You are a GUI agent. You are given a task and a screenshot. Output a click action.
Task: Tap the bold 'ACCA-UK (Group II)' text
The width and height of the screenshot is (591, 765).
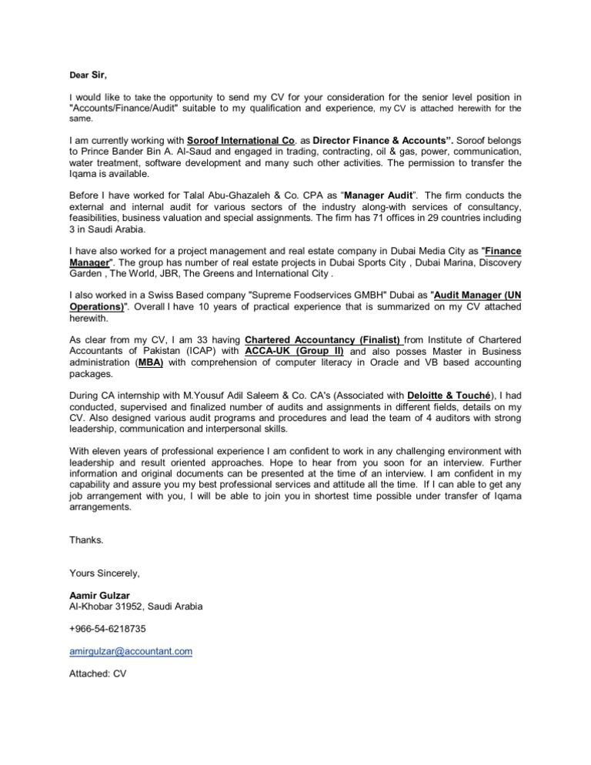295,351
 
